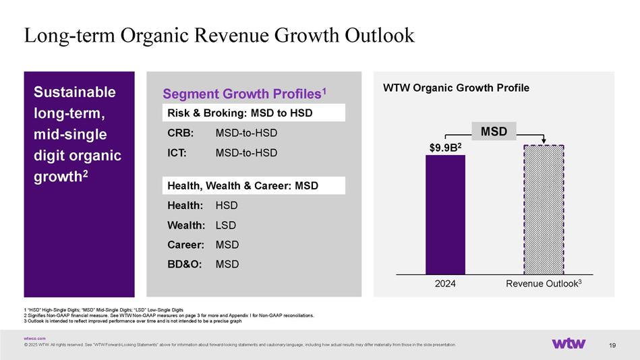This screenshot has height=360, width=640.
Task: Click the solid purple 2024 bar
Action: tap(445, 214)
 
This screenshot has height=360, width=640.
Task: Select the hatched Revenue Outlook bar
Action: tap(544, 210)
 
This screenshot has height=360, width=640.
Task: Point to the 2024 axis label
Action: tap(445, 284)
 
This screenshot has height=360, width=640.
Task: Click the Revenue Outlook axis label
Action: tap(544, 284)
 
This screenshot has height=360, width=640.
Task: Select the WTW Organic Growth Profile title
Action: tap(456, 88)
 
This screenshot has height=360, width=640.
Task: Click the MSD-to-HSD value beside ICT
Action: tap(246, 153)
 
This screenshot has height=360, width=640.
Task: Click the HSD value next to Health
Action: tap(227, 205)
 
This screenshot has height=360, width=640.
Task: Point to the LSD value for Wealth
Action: tap(227, 224)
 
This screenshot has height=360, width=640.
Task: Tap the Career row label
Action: tap(184, 244)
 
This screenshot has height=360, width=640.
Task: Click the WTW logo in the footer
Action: tap(569, 344)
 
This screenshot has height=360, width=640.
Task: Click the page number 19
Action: tap(612, 346)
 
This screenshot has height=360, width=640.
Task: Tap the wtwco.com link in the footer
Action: tap(34, 338)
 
